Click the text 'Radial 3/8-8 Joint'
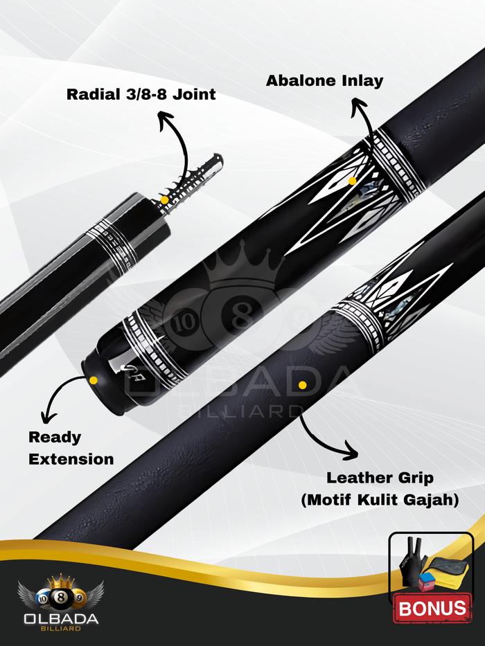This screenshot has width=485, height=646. coord(141,94)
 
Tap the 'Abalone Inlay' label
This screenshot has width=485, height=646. coord(324,80)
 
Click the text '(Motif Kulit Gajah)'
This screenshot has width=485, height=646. coord(379,499)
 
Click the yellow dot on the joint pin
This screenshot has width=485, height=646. coord(165,199)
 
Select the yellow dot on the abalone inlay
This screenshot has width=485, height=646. coord(353,181)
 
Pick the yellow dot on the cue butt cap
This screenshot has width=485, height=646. coord(92,379)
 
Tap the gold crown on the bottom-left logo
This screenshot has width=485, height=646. coord(59,578)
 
